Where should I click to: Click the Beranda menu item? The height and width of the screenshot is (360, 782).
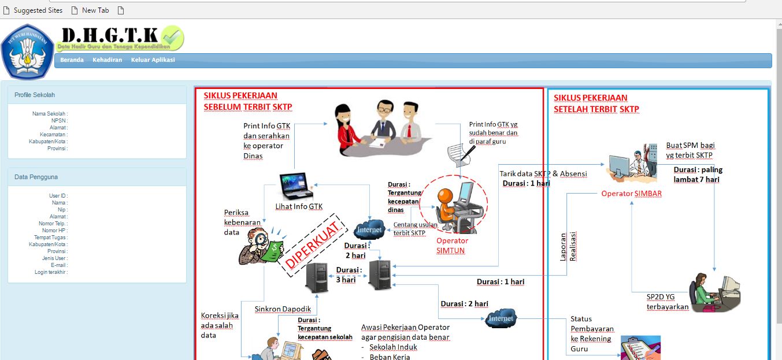pyautogui.click(x=72, y=60)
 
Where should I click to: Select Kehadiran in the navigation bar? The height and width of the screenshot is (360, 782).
pyautogui.click(x=107, y=60)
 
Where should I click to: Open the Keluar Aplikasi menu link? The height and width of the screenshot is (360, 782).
pyautogui.click(x=153, y=60)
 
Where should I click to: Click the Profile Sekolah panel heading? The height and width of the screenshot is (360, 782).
pyautogui.click(x=35, y=95)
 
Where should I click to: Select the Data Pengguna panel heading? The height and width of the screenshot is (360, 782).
pyautogui.click(x=36, y=177)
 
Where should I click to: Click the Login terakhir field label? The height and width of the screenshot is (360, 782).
pyautogui.click(x=51, y=272)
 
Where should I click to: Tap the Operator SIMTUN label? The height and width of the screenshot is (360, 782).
pyautogui.click(x=452, y=246)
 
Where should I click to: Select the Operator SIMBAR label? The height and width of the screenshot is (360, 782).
pyautogui.click(x=631, y=194)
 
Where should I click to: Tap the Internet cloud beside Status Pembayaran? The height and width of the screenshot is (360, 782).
pyautogui.click(x=500, y=318)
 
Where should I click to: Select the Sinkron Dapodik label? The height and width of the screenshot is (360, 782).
pyautogui.click(x=283, y=309)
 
